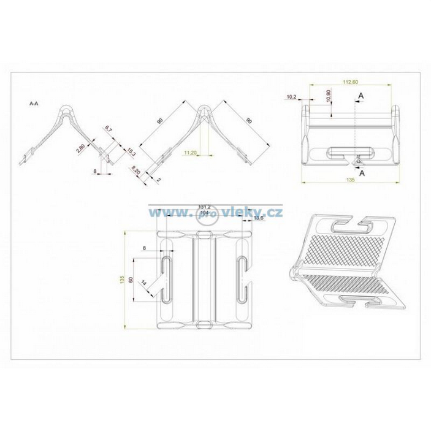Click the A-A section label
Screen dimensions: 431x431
(34, 104)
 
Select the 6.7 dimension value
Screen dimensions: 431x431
(109, 129)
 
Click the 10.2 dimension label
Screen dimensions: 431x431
(291, 97)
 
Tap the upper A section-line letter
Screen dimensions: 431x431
(362, 96)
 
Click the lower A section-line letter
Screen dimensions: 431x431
(362, 174)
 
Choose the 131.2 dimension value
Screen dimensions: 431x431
(205, 207)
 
